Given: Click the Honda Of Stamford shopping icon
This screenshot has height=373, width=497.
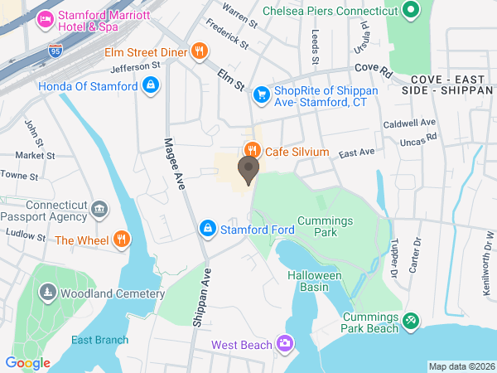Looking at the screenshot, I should pos(150,85).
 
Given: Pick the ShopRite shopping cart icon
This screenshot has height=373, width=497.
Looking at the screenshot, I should pos(262,94).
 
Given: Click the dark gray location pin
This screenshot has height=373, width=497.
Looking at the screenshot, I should pos(248,170).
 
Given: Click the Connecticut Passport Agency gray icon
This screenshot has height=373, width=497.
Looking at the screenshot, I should pos(99,209).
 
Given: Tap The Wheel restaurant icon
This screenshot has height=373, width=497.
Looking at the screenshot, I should pos(123,240).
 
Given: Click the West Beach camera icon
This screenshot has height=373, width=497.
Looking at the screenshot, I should pos(285,343).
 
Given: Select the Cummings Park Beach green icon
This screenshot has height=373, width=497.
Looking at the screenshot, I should pos(410,319).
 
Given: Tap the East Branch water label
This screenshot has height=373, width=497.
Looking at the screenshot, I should pos(99,340).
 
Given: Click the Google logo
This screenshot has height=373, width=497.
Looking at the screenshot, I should pos(27,362).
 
